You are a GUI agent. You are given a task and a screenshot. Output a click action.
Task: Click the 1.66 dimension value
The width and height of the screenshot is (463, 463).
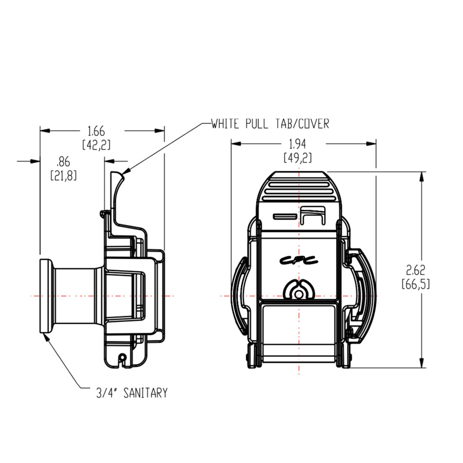coord(96,131)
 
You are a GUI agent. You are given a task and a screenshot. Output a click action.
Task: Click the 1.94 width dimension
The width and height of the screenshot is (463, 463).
coord(298,144)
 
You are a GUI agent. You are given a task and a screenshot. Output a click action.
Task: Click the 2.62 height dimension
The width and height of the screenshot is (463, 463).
coord(415,269)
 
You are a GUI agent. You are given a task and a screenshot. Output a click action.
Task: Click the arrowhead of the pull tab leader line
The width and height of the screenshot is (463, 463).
coord(126,172)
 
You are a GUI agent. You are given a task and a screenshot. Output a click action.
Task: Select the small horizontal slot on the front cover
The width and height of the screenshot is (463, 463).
coord(284,216)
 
